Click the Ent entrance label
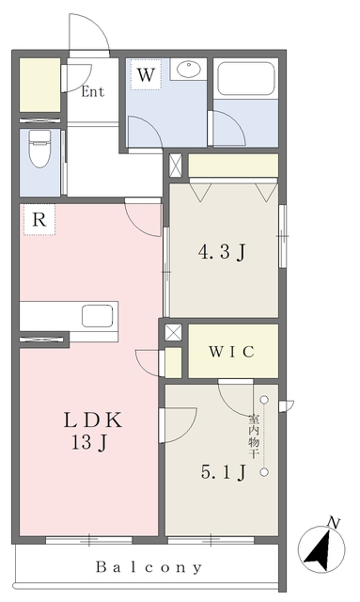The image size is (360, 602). point(92,92)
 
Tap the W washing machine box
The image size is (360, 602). point(146,75)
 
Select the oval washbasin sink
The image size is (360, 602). point(189,69)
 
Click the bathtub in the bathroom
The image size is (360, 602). point(246,80)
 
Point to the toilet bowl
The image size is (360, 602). point(39,149)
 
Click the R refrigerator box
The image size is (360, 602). point(39,219)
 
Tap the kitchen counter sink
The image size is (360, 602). point(98,316)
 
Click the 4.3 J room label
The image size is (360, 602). point(222,253)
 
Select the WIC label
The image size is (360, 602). point(232,351)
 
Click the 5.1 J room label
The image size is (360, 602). point(223,472)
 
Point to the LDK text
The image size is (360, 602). point(93,420)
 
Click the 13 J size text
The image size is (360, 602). point(88,443)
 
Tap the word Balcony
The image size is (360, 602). point(149,566)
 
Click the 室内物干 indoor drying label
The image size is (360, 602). point(253,436)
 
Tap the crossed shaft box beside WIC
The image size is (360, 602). point(174,332)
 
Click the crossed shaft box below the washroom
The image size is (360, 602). point(176,166)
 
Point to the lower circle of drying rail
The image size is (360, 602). point(264,472)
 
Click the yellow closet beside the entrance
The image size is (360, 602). point(39,85)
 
